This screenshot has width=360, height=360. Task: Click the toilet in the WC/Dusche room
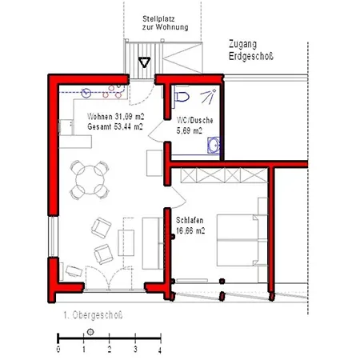click(x=181, y=97)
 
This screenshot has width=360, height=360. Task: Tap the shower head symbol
click(x=208, y=96)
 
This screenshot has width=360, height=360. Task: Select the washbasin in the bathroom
click(x=214, y=146)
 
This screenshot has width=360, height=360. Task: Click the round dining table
click(x=90, y=180)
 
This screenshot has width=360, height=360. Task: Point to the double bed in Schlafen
click(x=238, y=240)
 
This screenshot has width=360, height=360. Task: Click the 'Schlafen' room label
click(x=190, y=221)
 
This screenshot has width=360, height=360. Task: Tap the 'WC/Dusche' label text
click(x=195, y=120)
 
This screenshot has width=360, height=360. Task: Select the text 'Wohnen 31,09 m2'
click(x=116, y=117)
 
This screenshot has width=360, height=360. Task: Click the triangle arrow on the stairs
click(x=144, y=62)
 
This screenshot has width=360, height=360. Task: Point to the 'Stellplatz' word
click(x=158, y=19)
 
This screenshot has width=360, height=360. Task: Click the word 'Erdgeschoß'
click(x=251, y=57)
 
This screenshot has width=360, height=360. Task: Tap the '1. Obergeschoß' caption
click(x=93, y=315)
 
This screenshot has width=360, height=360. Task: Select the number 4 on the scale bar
click(x=160, y=350)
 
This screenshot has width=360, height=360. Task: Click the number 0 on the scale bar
click(x=58, y=350)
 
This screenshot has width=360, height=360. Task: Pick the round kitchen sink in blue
click(x=86, y=93)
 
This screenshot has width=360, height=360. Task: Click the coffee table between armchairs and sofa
click(x=126, y=243)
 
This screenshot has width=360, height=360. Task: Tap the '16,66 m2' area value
click(x=190, y=230)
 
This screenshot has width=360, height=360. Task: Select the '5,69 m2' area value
click(x=190, y=131)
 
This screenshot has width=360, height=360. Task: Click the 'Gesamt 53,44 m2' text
click(x=115, y=126)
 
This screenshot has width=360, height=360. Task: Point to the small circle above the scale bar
click(x=90, y=332)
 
